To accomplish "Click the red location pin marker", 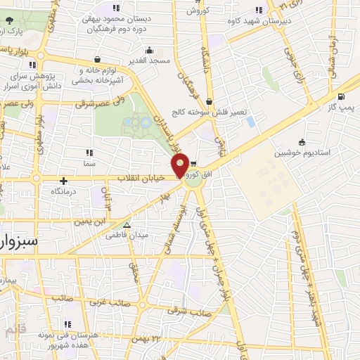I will [181, 165].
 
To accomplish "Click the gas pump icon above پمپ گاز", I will [341, 97].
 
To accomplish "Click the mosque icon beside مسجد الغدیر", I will [149, 51].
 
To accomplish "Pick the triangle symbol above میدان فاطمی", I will [127, 226].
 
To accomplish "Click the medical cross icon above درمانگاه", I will [64, 181].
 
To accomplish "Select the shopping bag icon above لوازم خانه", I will [96, 60].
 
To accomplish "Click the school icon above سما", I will [89, 152].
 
